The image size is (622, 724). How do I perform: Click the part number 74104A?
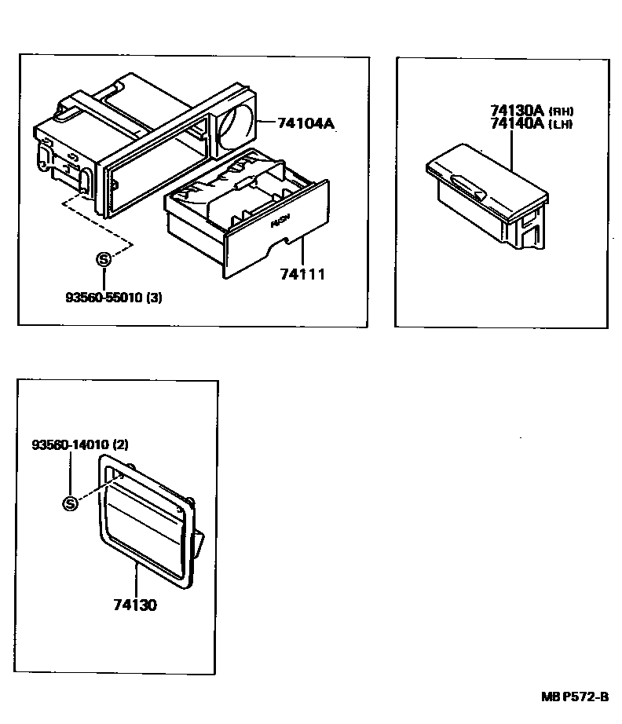click(x=305, y=123)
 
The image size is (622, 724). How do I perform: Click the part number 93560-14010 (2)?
click(x=79, y=444)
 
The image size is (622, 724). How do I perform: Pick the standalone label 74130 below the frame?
click(x=135, y=605)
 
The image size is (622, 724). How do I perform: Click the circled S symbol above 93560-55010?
click(x=102, y=259)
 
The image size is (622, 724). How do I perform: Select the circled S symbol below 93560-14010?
click(x=71, y=503)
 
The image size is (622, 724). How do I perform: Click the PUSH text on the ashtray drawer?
click(x=280, y=223)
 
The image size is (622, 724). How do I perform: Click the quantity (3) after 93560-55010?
click(x=154, y=298)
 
